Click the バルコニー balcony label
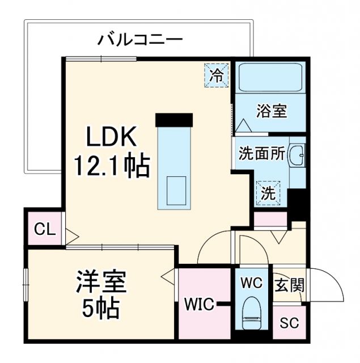click(x=140, y=40)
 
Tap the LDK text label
click(x=112, y=138)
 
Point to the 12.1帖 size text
click(x=112, y=166)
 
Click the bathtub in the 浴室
click(x=270, y=77)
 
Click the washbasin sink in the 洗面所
click(x=297, y=154)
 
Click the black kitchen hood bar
click(x=174, y=120)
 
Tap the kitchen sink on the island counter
click(x=177, y=188)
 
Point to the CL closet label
click(x=44, y=229)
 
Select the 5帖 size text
click(x=101, y=309)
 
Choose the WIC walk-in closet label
click(x=198, y=305)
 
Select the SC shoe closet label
click(x=289, y=323)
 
